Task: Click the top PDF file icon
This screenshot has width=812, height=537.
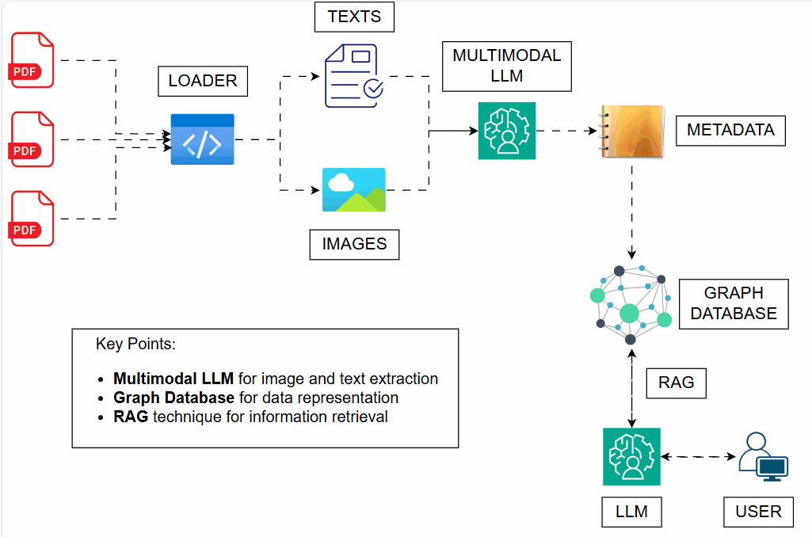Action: click(32, 59)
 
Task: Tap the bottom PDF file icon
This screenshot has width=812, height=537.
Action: click(32, 219)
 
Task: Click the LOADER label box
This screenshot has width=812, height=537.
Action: click(203, 81)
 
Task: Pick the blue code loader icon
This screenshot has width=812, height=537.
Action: click(203, 139)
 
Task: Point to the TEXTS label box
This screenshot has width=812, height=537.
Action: click(354, 17)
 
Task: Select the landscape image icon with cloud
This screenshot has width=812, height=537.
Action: click(354, 190)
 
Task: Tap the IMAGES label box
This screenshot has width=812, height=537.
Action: click(354, 244)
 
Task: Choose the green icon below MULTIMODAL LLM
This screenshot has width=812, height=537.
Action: click(507, 131)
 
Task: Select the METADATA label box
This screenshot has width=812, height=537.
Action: click(730, 130)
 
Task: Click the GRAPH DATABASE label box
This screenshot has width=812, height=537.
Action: click(734, 303)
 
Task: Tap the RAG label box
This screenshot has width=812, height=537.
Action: click(676, 383)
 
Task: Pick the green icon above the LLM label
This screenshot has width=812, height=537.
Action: click(631, 457)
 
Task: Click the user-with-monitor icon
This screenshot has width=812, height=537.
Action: click(763, 457)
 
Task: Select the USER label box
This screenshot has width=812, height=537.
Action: click(758, 512)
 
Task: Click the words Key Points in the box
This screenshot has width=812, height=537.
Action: click(135, 345)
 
